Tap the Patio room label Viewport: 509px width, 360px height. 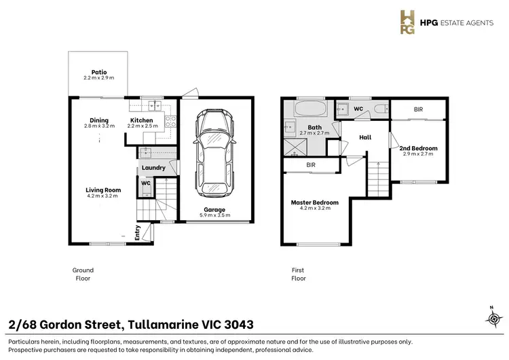click(x=99, y=71)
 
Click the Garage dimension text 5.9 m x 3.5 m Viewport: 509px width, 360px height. click(x=214, y=215)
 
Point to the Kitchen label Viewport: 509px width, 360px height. click(x=142, y=121)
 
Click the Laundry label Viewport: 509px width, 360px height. click(x=154, y=168)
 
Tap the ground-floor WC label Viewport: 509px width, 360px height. click(x=145, y=183)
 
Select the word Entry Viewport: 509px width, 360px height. click(x=137, y=233)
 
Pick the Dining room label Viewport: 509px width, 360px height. click(x=99, y=121)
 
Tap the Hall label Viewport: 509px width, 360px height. click(x=365, y=137)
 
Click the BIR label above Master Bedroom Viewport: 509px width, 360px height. click(x=311, y=165)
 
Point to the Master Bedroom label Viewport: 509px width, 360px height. click(x=315, y=202)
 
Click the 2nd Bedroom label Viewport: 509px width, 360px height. click(x=418, y=148)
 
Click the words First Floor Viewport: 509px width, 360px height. click(x=299, y=274)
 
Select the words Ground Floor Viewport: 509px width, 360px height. click(x=83, y=274)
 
